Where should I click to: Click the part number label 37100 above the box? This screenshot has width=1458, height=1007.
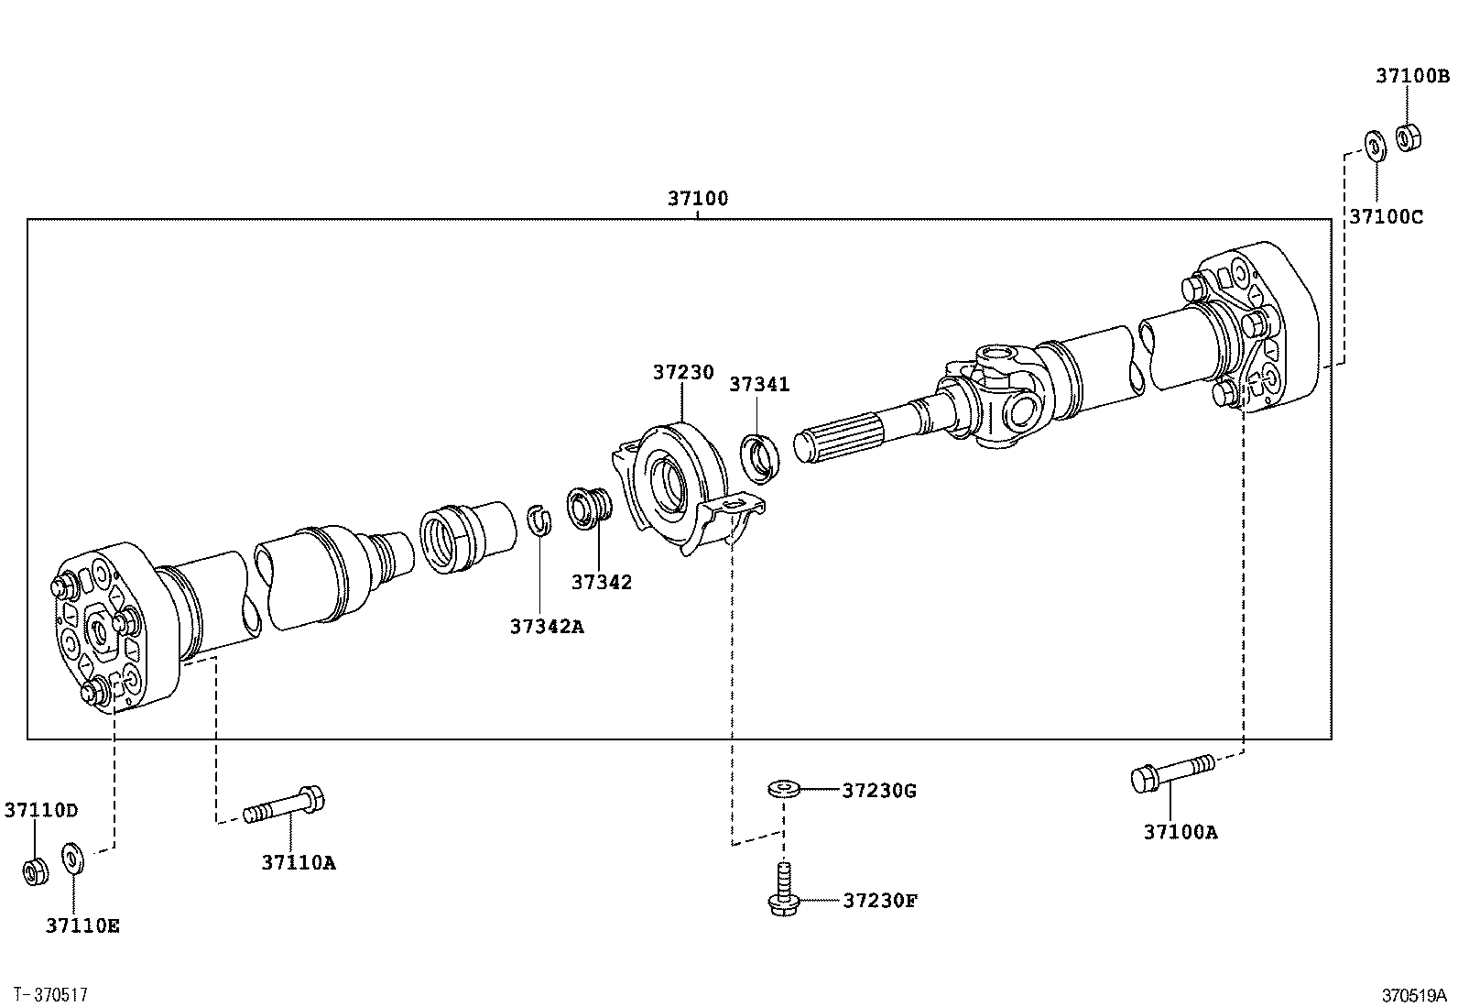point(697,198)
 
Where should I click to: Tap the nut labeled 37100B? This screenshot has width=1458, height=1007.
point(1408,137)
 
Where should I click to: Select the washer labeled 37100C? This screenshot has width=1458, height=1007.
point(1375,146)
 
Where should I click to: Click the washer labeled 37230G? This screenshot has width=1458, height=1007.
point(783,788)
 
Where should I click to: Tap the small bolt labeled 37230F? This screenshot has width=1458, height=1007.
point(782,892)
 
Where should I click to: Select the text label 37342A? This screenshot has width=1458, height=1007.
point(547,627)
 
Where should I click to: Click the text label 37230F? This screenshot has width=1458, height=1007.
point(879,901)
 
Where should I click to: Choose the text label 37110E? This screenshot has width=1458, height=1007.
point(82,926)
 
